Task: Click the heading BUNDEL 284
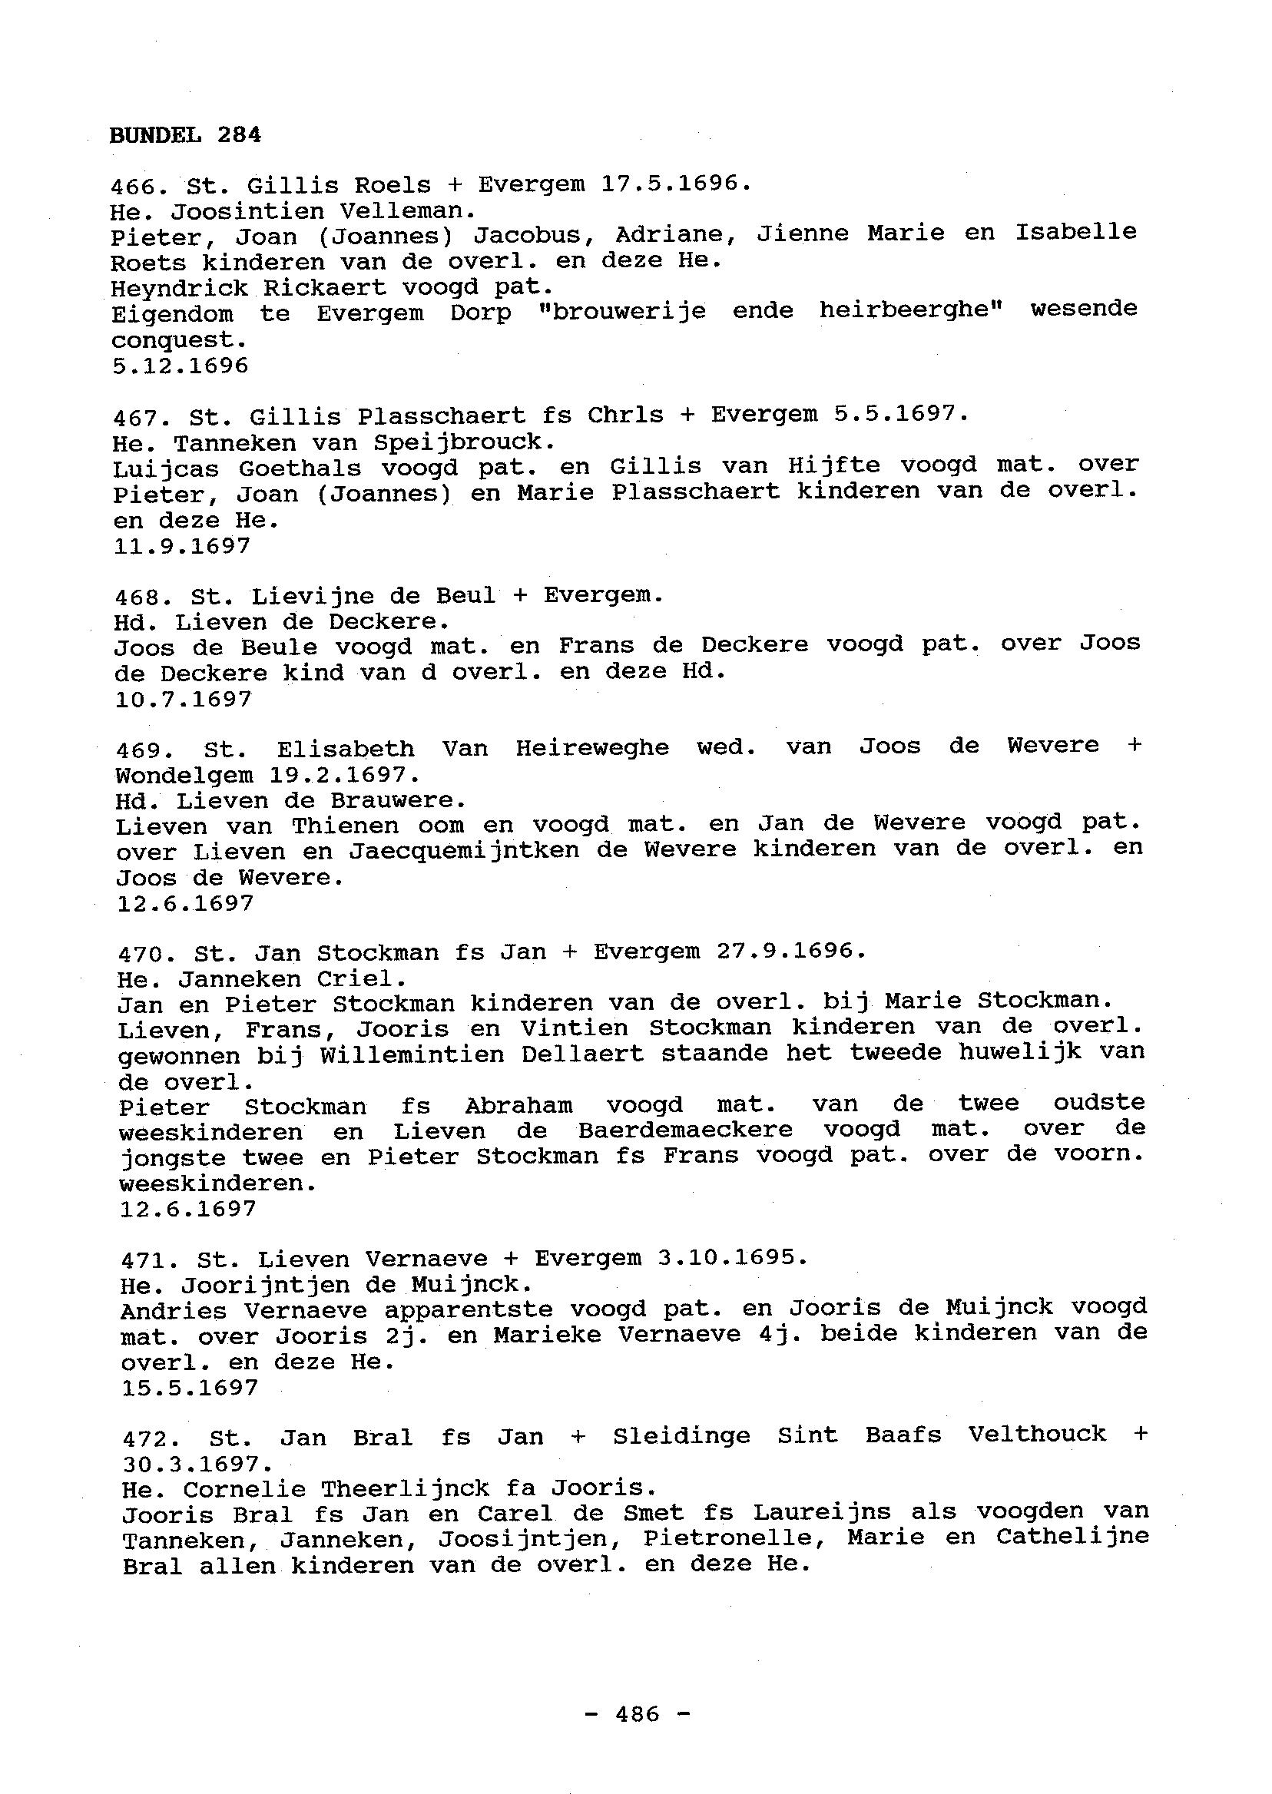185,134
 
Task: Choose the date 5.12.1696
181,366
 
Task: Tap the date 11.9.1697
182,546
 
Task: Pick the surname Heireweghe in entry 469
592,749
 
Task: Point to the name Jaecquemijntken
464,850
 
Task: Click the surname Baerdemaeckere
685,1130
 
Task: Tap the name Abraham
518,1106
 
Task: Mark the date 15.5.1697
190,1388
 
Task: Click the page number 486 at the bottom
638,1714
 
